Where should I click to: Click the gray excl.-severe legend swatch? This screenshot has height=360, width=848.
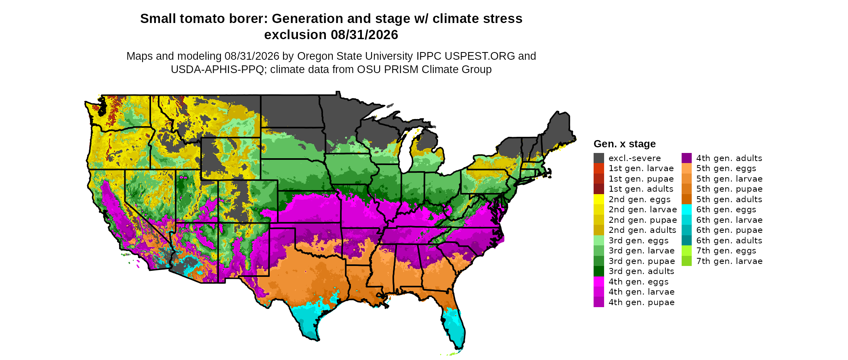(x=598, y=158)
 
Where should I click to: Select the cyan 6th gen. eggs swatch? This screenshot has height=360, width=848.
(x=686, y=209)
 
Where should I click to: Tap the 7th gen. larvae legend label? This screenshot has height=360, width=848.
(x=729, y=261)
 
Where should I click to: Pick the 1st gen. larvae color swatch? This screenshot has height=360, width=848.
(x=598, y=168)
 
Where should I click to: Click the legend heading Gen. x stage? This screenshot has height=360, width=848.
(x=624, y=144)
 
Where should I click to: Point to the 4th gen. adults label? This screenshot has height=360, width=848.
(x=729, y=158)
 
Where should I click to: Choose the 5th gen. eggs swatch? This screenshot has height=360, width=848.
(x=686, y=168)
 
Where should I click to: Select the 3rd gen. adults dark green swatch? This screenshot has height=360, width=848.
(x=598, y=271)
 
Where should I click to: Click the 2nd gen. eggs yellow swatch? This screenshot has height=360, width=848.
(x=598, y=199)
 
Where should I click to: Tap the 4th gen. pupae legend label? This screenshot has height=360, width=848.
(x=642, y=302)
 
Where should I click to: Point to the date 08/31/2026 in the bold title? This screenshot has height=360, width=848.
(x=365, y=35)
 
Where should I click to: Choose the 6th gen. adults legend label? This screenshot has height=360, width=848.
(x=729, y=241)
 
